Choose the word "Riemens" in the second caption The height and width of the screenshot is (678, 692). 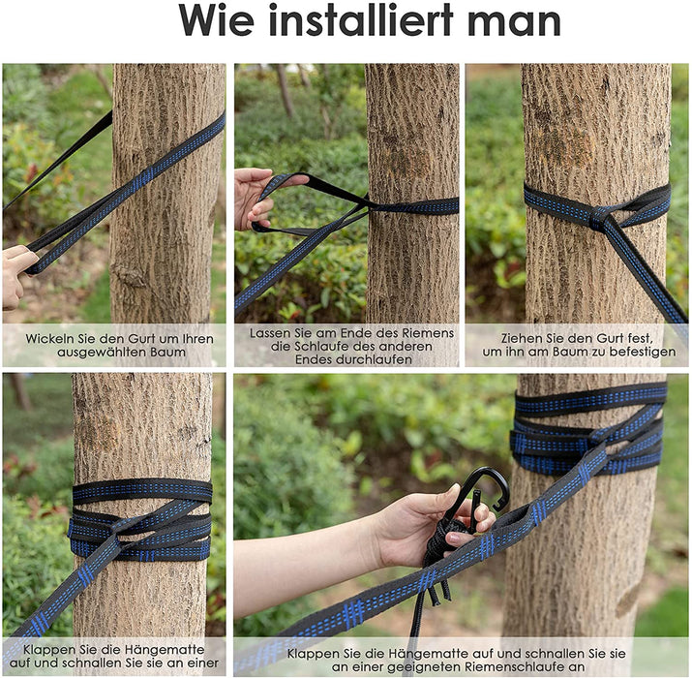(427, 332)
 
